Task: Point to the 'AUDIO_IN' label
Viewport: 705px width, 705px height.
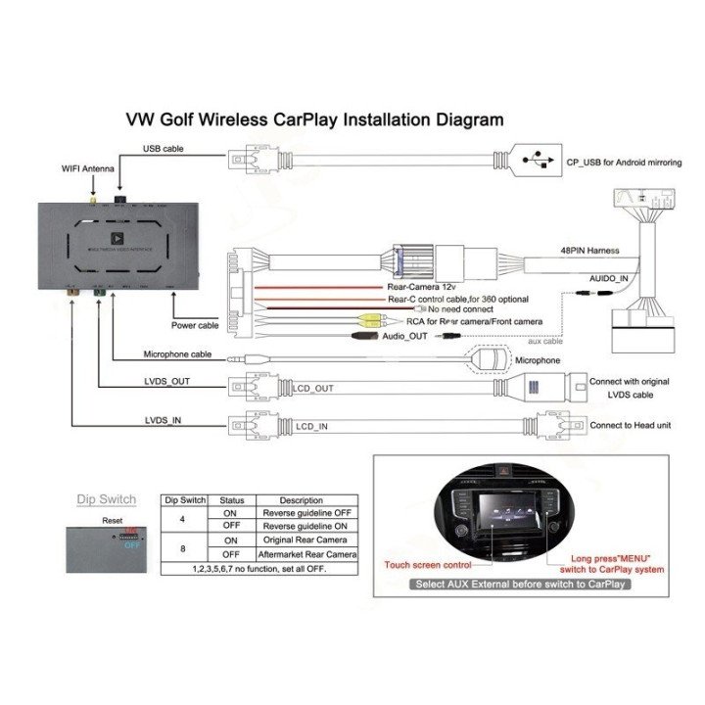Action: pyautogui.click(x=609, y=278)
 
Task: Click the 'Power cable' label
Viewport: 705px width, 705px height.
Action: pyautogui.click(x=195, y=325)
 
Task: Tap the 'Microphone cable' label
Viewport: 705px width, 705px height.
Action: pyautogui.click(x=177, y=354)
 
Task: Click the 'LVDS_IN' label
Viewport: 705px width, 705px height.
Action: pyautogui.click(x=163, y=420)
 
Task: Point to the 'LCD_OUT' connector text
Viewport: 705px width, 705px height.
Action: pyautogui.click(x=312, y=389)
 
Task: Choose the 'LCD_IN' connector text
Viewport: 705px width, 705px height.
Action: pyautogui.click(x=310, y=426)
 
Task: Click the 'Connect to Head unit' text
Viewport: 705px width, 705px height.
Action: pyautogui.click(x=631, y=426)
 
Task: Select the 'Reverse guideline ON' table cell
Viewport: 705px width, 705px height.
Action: pyautogui.click(x=302, y=526)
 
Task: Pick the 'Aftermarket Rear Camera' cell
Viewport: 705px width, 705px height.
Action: pyautogui.click(x=302, y=554)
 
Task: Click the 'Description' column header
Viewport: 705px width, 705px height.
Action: pyautogui.click(x=301, y=500)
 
